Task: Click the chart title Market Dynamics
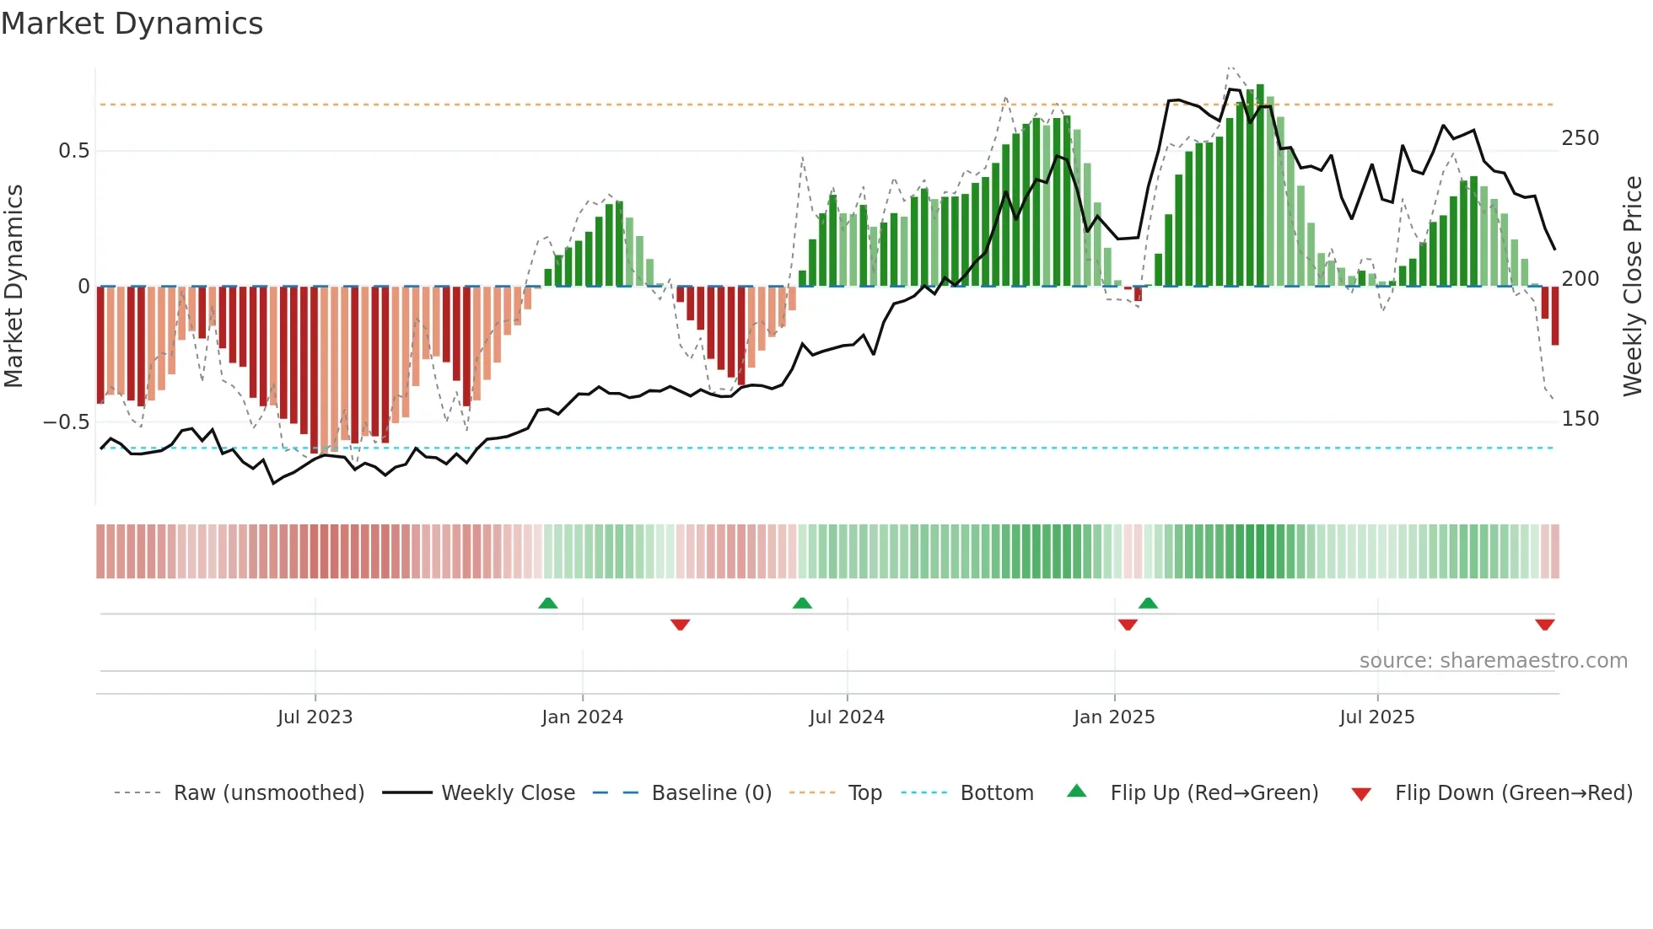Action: [132, 24]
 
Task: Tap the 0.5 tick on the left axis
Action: [73, 151]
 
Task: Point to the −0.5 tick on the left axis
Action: [66, 422]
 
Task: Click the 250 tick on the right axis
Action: [1580, 138]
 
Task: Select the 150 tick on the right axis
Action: [1580, 419]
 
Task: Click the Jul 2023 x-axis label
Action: [315, 717]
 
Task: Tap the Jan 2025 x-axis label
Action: [1113, 717]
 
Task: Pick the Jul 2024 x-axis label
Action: [846, 717]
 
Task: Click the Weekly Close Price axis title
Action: [1633, 287]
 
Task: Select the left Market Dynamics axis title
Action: [13, 287]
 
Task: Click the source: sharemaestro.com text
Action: [1493, 661]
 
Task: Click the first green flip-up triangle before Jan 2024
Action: [548, 603]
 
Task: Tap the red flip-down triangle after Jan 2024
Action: [681, 625]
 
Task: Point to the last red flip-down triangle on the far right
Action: [1544, 625]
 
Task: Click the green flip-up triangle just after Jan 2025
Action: [1148, 603]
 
